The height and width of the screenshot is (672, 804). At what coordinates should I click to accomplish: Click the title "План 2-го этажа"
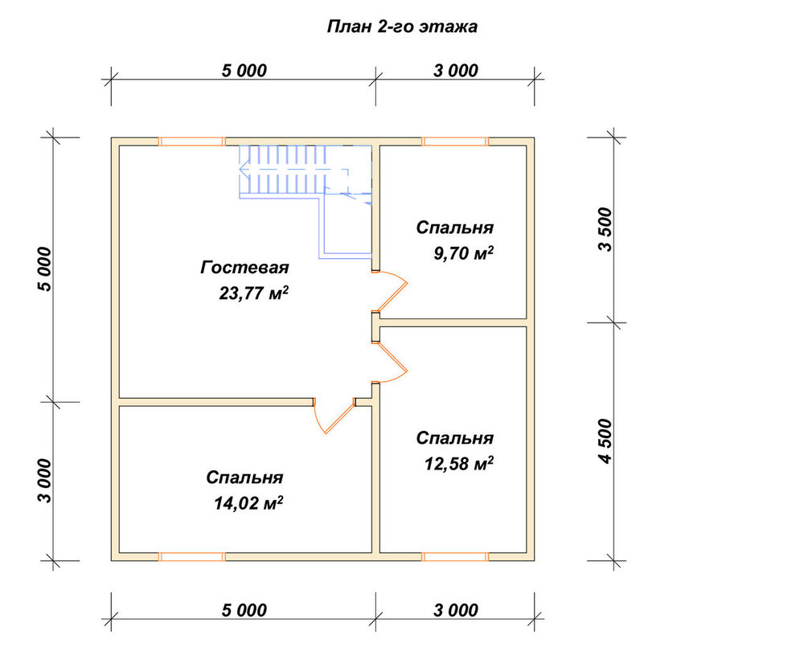(403, 27)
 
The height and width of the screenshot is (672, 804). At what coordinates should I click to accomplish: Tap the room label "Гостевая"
(244, 268)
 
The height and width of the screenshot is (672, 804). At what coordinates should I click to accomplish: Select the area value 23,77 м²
(253, 293)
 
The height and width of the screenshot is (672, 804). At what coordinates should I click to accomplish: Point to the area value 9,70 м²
(464, 252)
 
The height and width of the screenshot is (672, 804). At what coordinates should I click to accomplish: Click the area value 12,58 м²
(459, 463)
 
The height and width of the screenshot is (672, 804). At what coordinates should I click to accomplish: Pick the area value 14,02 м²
(248, 503)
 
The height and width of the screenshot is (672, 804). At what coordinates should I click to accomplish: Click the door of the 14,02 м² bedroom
(334, 416)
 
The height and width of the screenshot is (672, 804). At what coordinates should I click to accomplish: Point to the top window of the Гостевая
(191, 141)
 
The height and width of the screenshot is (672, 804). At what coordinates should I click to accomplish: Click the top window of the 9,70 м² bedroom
(455, 141)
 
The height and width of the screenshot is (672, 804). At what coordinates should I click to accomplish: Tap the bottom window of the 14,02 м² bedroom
(191, 557)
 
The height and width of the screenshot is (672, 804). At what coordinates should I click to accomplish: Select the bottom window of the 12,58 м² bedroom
(455, 557)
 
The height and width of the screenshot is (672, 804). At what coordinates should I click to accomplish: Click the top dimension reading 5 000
(244, 70)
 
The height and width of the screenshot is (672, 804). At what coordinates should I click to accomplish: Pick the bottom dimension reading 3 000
(455, 610)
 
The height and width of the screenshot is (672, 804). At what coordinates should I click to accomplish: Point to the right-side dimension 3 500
(605, 229)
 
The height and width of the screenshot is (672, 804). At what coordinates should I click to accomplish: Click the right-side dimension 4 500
(605, 441)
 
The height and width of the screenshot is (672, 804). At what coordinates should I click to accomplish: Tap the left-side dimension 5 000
(44, 269)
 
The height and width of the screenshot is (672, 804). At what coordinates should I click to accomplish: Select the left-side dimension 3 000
(44, 481)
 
